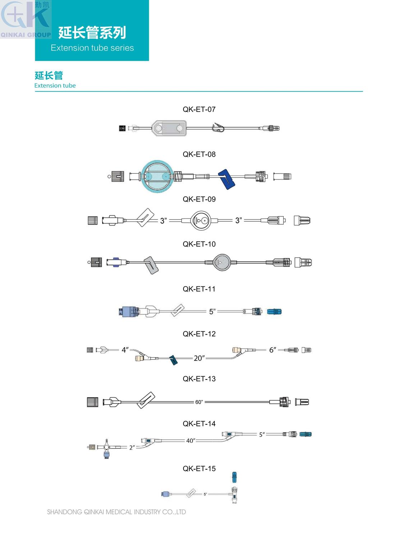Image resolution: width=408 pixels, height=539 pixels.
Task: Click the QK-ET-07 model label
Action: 199,109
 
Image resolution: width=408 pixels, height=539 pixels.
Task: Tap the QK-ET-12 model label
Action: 199,334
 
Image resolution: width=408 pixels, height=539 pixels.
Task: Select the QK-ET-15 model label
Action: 199,468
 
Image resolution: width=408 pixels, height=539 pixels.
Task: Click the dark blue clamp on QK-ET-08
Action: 227,179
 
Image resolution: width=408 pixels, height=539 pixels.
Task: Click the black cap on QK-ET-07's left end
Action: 122,128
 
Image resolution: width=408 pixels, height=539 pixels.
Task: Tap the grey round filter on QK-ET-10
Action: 221,262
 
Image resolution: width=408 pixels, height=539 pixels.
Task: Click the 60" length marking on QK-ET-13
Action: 199,402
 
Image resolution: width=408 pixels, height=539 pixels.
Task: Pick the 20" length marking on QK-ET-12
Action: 199,358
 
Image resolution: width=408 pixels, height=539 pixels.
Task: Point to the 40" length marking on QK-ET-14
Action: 191,441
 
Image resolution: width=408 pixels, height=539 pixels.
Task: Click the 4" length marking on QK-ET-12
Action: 125,350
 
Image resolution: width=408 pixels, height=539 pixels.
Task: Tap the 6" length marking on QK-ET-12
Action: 273,350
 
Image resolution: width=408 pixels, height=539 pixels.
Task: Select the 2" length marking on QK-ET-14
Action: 132,447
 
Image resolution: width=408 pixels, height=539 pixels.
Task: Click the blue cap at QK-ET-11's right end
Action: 274,312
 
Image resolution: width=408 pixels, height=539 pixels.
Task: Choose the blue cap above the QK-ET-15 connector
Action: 235,477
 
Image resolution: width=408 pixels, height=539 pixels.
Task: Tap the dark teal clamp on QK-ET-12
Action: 173,360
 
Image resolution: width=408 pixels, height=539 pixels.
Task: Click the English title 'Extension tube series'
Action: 92,48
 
